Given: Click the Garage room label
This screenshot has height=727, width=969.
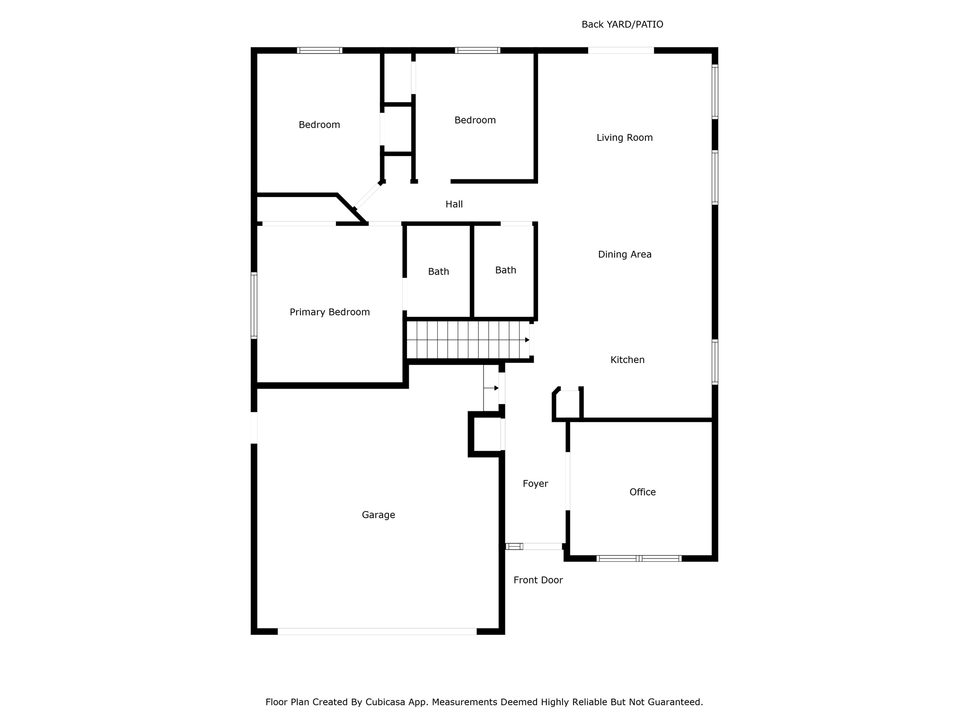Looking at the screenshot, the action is tap(379, 515).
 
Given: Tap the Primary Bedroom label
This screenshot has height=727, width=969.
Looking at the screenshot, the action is tap(330, 312).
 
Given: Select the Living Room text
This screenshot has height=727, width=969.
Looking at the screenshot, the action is tap(625, 138).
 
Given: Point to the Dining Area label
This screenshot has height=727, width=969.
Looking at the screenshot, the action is tap(625, 255).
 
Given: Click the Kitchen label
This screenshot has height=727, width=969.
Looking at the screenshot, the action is tap(627, 360).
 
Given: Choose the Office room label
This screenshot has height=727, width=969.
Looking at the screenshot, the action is tap(643, 492).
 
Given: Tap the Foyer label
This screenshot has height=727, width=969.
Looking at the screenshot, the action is tap(536, 484).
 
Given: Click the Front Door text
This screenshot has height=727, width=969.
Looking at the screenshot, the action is tap(538, 580).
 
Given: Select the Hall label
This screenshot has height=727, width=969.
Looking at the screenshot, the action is tap(454, 204).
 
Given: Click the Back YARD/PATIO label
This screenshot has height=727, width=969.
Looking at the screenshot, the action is tap(622, 25).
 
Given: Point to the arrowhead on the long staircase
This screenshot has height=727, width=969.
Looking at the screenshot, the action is tap(527, 340).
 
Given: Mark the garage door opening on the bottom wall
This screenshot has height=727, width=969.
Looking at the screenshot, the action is tap(377, 631).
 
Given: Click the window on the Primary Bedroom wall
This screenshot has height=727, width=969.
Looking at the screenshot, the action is tap(254, 306).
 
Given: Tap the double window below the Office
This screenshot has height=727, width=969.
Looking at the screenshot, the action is tap(639, 559).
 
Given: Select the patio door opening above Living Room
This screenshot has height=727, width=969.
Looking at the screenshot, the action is tap(621, 51).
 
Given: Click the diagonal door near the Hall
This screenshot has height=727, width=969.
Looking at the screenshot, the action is tap(368, 196).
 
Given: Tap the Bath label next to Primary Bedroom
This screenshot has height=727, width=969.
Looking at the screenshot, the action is tap(439, 272).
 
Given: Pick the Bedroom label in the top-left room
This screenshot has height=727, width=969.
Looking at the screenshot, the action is tap(319, 125).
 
